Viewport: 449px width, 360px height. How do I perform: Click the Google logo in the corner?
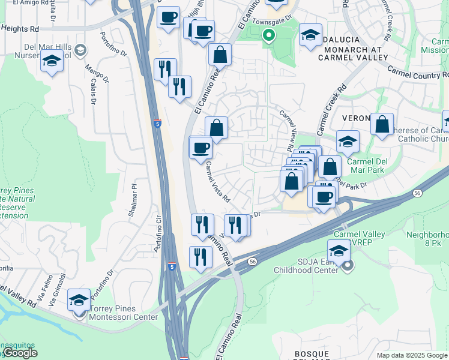(x=20, y=353)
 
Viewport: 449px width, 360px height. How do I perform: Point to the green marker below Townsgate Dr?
(x=268, y=36)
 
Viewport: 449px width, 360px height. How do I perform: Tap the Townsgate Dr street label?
(x=271, y=20)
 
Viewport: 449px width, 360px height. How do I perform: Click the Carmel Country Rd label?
(x=418, y=72)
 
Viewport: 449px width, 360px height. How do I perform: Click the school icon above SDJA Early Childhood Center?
(x=339, y=250)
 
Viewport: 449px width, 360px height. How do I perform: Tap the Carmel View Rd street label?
(x=287, y=130)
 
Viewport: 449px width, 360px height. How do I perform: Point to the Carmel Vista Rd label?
(x=218, y=181)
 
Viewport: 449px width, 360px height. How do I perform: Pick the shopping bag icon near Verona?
(x=382, y=124)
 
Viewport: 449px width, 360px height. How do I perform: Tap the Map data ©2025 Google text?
(x=412, y=355)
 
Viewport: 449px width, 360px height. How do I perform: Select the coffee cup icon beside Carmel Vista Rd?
(x=200, y=147)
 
